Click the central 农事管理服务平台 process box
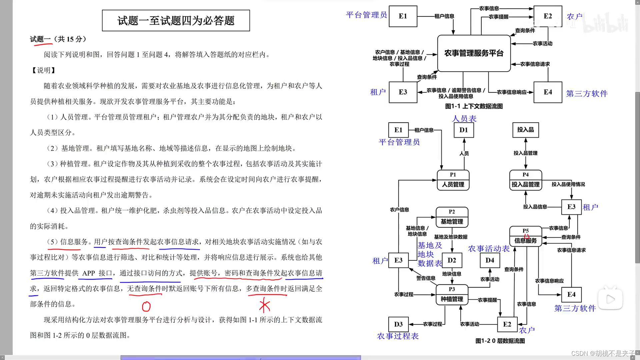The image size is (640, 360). (x=474, y=53)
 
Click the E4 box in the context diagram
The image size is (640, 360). (x=548, y=92)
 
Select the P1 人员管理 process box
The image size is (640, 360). (x=453, y=180)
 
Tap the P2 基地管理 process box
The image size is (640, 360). (x=452, y=217)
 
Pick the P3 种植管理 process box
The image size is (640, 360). (x=452, y=295)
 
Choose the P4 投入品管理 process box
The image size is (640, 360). (x=525, y=180)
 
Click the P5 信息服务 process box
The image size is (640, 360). (x=525, y=236)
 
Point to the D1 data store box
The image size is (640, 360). (x=464, y=130)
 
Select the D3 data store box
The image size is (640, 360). (x=398, y=324)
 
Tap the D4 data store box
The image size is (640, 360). (x=490, y=260)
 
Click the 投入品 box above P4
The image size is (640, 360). (x=525, y=130)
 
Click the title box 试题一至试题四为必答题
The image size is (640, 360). (x=176, y=21)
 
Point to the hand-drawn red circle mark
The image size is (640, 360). (x=146, y=306)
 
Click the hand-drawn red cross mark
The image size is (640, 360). (x=264, y=305)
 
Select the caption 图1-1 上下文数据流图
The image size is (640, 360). (x=474, y=106)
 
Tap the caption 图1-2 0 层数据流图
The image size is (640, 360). (x=500, y=341)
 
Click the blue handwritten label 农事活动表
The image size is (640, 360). (x=489, y=249)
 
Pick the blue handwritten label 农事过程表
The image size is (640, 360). (x=398, y=336)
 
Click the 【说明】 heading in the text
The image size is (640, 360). (x=43, y=70)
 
